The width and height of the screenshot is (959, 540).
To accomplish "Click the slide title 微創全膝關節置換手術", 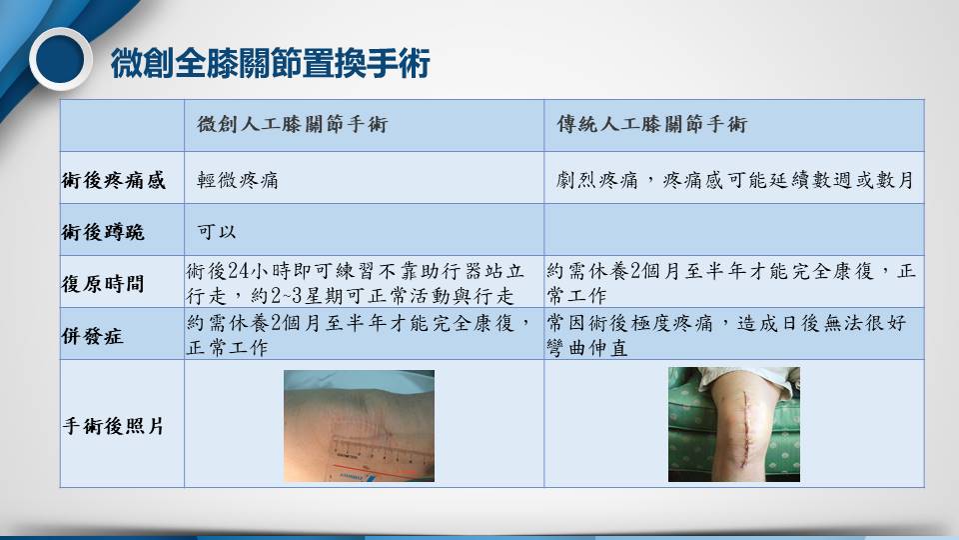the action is pyautogui.click(x=271, y=63).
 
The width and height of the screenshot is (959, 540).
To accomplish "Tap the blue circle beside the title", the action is pyautogui.click(x=60, y=59).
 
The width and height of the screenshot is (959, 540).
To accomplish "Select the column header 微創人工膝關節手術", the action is pyautogui.click(x=293, y=124).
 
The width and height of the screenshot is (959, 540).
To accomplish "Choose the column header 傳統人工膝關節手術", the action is pyautogui.click(x=652, y=124).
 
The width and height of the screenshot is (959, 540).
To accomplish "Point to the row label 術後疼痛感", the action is pyautogui.click(x=114, y=180).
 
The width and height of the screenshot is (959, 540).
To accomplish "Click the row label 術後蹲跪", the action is pyautogui.click(x=103, y=232).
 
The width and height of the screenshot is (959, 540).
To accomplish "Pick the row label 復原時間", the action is pyautogui.click(x=103, y=283).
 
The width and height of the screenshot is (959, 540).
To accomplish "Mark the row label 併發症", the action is pyautogui.click(x=92, y=336).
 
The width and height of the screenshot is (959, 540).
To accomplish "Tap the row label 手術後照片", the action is pyautogui.click(x=114, y=426).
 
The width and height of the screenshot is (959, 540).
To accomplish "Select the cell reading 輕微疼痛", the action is pyautogui.click(x=238, y=180).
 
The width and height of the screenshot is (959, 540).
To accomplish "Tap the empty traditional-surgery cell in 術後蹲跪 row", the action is pyautogui.click(x=734, y=230).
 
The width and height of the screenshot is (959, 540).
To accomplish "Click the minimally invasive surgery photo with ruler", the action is pyautogui.click(x=359, y=426).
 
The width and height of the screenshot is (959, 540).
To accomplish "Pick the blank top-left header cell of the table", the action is pyautogui.click(x=122, y=126).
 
